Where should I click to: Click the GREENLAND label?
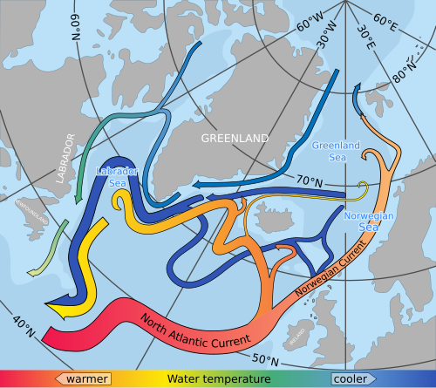[x=235, y=139]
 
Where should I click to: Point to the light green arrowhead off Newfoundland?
[x=34, y=272]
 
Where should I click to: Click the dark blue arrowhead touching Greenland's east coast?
[x=198, y=185]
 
